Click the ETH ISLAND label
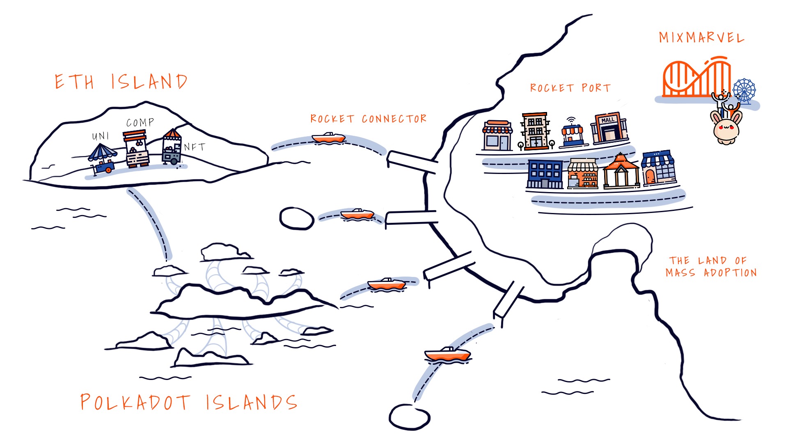(121, 82)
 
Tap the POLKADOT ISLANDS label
(188, 402)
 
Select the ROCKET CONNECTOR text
(368, 119)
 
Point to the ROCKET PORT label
(570, 88)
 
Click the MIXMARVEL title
(701, 38)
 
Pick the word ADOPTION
(730, 273)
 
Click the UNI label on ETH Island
(101, 136)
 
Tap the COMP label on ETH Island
(140, 123)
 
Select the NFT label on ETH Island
(195, 147)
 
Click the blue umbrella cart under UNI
(103, 158)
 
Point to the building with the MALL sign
(609, 128)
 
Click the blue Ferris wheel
(744, 90)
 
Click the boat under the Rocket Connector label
(328, 138)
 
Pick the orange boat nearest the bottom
(447, 354)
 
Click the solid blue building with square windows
(545, 174)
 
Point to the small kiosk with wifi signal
(573, 133)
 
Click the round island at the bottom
(409, 417)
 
